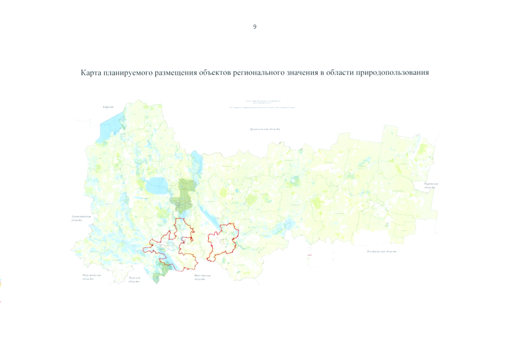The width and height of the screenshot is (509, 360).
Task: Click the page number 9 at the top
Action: (x=255, y=26)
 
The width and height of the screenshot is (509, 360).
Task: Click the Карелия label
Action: (x=108, y=107)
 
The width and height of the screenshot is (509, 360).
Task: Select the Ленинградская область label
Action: (x=74, y=218)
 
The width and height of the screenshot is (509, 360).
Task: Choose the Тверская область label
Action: (x=133, y=280)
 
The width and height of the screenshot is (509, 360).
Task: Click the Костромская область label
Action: (x=382, y=250)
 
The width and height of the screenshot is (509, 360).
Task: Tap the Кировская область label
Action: (x=431, y=186)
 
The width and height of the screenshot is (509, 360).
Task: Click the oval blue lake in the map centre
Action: (x=155, y=184)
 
